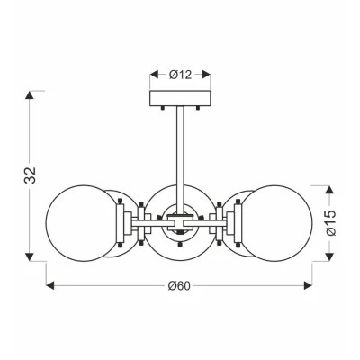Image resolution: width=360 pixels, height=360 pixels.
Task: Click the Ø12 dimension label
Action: (x=180, y=75)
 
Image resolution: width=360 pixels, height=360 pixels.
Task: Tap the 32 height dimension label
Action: (x=30, y=175)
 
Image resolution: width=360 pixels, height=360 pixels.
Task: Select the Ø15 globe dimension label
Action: (x=331, y=223)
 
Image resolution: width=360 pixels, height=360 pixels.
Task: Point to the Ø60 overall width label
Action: (x=179, y=286)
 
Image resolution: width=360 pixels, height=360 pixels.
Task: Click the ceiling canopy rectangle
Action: (x=180, y=98)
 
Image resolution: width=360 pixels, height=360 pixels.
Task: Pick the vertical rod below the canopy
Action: (x=180, y=160)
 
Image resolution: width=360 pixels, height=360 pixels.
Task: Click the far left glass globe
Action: (x=83, y=223)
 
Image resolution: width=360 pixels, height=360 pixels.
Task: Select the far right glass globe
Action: (x=275, y=223)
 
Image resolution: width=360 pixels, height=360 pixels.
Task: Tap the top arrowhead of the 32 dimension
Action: (x=29, y=95)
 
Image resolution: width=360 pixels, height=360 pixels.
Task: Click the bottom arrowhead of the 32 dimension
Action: (x=29, y=257)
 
